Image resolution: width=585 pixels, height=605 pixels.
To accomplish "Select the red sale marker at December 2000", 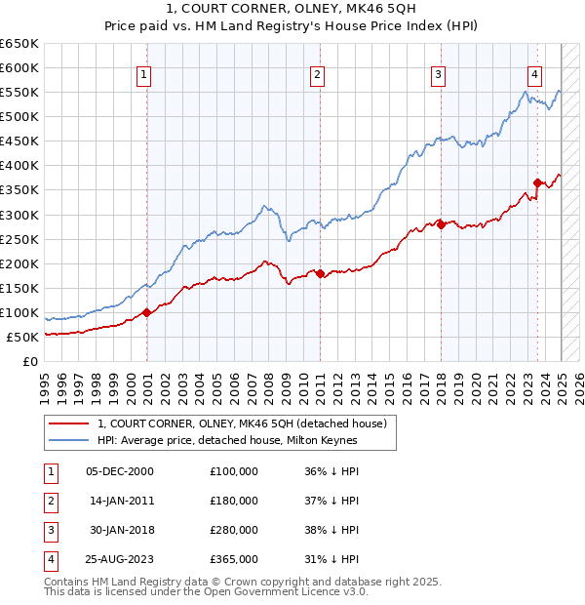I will point(146,312).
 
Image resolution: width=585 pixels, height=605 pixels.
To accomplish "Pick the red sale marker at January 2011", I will point(321,273).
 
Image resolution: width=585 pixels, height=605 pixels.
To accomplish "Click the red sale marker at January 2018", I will point(441,224).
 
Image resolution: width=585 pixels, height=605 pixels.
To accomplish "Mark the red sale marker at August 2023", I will point(537,182).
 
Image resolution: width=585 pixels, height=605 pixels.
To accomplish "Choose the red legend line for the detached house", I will point(69,423).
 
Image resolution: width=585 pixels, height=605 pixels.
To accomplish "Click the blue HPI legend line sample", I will point(69,440).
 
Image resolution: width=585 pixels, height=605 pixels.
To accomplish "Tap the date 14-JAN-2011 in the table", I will point(120,501).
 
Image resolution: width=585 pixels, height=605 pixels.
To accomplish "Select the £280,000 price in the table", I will point(234,530).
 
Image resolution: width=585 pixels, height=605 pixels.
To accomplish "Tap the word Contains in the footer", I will point(67,582).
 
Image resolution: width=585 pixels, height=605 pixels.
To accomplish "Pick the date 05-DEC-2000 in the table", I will point(120,471).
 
